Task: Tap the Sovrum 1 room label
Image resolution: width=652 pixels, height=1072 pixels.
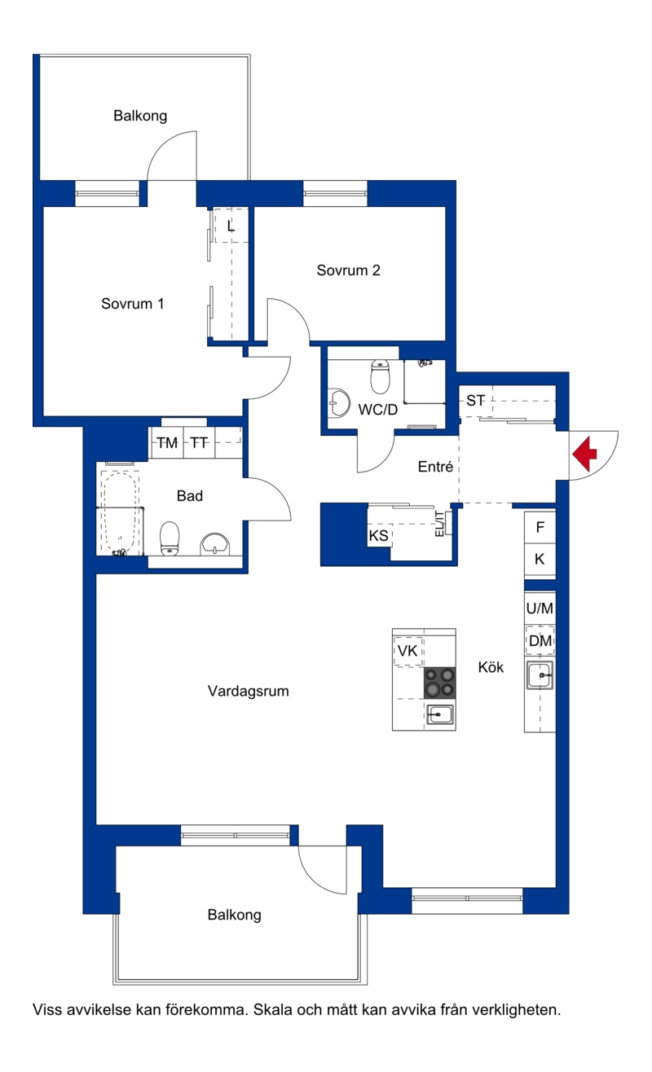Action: (133, 303)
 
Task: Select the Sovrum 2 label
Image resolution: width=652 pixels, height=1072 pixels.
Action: (349, 270)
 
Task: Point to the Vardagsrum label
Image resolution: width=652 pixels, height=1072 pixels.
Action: (249, 691)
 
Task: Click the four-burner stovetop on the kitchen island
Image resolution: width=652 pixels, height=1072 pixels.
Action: (439, 683)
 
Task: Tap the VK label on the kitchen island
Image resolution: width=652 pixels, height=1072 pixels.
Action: (407, 651)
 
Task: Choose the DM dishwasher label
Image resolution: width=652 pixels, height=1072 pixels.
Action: (540, 640)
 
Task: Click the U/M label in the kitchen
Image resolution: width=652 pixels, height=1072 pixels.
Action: (540, 608)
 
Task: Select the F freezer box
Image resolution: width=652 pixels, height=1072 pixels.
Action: (540, 527)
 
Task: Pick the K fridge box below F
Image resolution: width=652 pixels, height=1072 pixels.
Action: (540, 560)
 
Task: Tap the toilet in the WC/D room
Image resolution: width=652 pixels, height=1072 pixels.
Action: (380, 376)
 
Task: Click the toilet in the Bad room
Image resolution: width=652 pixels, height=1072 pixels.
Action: (169, 538)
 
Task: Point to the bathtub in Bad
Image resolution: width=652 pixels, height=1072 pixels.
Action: (120, 512)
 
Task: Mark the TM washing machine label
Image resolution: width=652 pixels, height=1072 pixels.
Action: (167, 443)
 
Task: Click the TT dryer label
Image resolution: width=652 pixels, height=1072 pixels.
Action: (199, 443)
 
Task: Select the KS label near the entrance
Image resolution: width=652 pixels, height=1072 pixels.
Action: (379, 535)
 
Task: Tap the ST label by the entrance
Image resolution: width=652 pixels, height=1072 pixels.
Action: (475, 401)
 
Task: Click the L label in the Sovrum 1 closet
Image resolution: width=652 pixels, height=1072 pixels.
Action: (231, 226)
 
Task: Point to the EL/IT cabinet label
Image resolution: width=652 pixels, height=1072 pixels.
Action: (439, 524)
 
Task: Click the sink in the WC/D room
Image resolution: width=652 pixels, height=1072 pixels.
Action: (339, 403)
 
